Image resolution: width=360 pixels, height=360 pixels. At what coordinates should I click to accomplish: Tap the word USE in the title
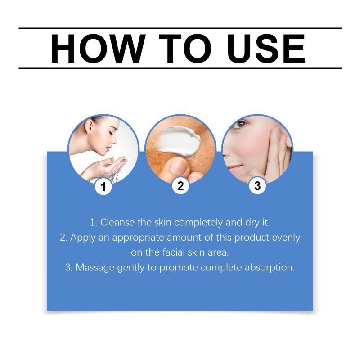pos(266,49)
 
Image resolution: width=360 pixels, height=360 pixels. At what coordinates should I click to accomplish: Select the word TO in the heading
pos(185,49)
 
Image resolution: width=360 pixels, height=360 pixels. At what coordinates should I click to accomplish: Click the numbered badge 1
pos(103,186)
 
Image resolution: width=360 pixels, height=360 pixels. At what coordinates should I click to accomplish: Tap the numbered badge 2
pos(180,186)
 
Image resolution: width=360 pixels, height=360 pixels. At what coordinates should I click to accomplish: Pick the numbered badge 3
pos(257,186)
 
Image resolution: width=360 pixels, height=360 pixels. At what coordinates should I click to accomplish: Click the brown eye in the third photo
pos(241,124)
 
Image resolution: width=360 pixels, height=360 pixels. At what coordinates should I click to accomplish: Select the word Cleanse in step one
pos(117,222)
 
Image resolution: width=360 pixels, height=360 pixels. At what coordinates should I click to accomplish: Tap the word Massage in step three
pos(95,268)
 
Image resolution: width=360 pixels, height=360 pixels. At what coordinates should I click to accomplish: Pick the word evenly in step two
pos(286,238)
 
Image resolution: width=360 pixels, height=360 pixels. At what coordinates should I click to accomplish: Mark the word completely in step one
pos(198,222)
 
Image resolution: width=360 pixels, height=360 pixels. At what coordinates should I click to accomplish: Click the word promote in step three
pos(179,268)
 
